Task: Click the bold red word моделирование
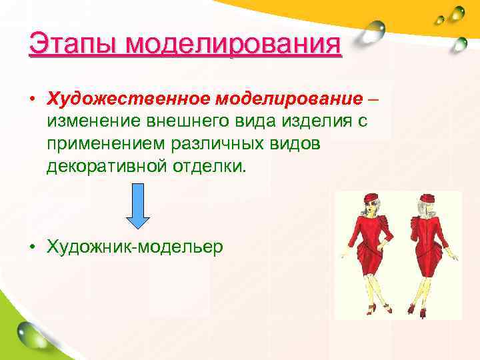[287, 99]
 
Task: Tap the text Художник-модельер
[135, 246]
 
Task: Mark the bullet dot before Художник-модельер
[32, 247]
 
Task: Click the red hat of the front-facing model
[371, 198]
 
